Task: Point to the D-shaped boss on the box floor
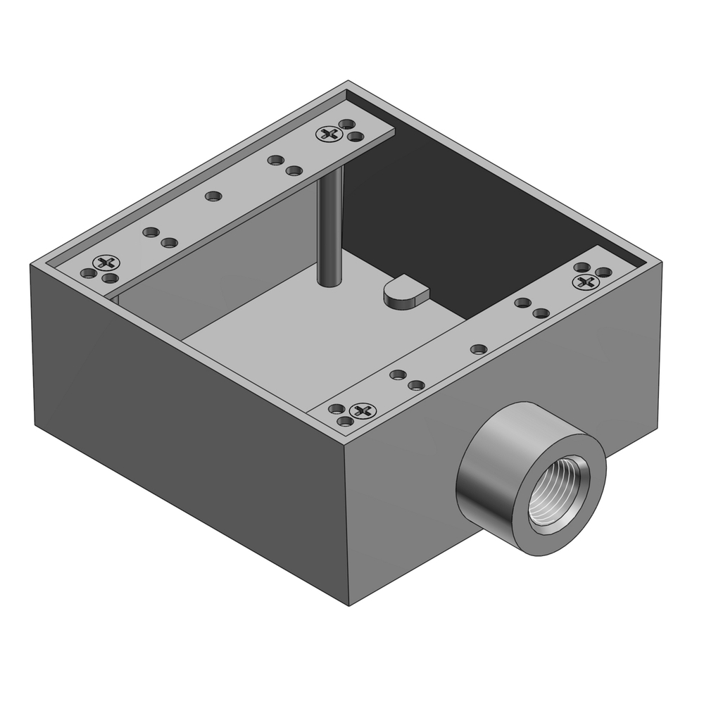[x=406, y=292]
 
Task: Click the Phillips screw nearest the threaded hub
[x=363, y=410]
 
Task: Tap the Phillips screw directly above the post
[x=329, y=134]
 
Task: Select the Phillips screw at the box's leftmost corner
[x=107, y=263]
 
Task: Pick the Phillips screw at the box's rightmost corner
[x=586, y=282]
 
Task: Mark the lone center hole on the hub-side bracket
[x=478, y=348]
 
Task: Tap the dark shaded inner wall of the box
[x=465, y=211]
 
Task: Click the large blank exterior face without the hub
[x=190, y=436]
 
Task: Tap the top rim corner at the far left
[x=31, y=266]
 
